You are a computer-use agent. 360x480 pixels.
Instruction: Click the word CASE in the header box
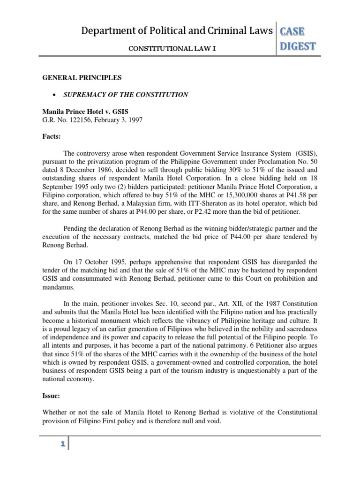point(292,31)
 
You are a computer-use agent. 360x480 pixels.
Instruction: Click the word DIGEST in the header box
point(298,46)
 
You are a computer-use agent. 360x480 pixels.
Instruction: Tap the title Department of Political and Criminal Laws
point(177,31)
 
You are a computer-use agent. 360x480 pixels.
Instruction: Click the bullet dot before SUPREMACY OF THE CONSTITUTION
point(55,95)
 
